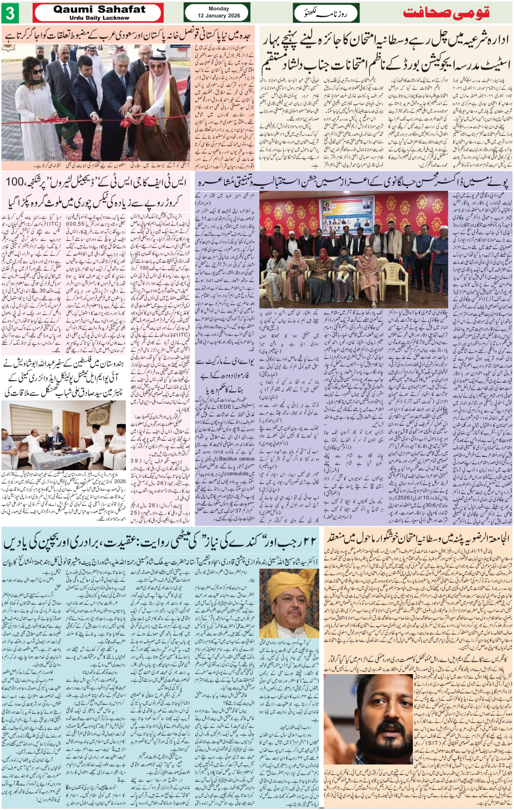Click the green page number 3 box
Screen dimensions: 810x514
pos(10,13)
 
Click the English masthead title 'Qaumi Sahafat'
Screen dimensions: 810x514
pos(100,9)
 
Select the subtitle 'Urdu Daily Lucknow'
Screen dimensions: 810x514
pos(100,18)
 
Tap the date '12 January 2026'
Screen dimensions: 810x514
pos(219,16)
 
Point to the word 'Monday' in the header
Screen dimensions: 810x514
pos(219,9)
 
